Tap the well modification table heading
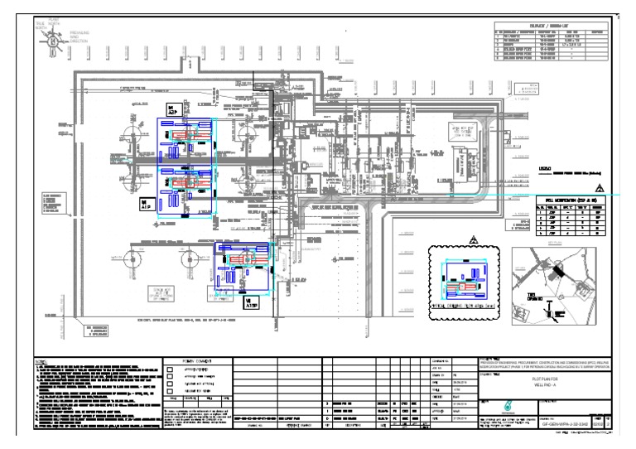tap(571, 200)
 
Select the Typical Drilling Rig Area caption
tap(460, 306)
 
